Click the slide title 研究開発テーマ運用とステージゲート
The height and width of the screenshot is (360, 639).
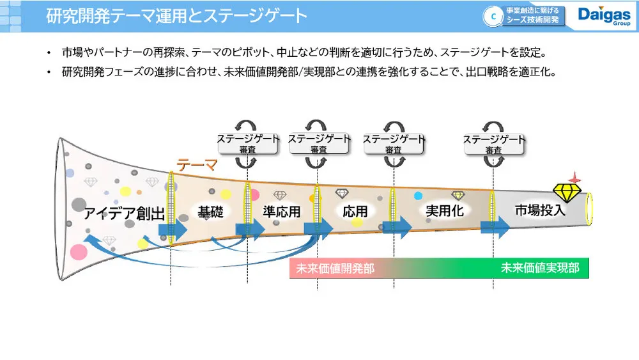pos(176,16)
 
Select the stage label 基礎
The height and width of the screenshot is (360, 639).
pos(210,211)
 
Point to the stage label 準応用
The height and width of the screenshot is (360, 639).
pos(281,211)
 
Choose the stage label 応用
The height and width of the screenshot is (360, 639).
pos(355,211)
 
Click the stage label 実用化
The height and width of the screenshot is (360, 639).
pos(444,210)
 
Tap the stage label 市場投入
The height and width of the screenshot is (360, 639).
pos(540,209)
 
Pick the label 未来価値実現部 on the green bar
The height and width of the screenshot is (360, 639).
pos(540,268)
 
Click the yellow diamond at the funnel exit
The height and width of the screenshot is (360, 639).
pos(566,192)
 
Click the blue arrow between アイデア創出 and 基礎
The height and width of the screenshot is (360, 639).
pos(173,230)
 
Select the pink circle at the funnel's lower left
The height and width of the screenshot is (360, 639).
pos(79,251)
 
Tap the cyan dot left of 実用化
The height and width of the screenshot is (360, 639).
pos(418,196)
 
